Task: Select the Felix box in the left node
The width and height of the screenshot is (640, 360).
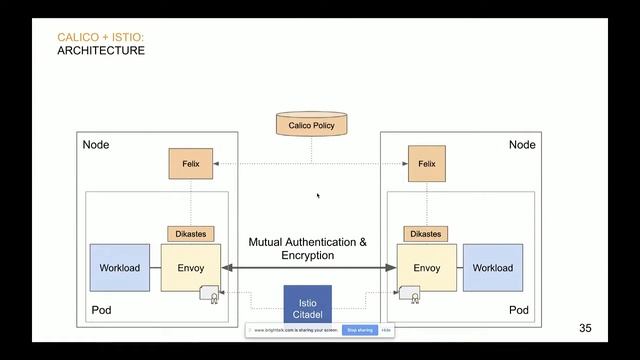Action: click(x=191, y=163)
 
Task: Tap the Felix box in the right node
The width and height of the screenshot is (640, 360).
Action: click(x=427, y=163)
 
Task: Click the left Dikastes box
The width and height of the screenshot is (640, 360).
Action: click(x=190, y=234)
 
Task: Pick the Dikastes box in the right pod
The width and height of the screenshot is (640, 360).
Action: click(x=426, y=234)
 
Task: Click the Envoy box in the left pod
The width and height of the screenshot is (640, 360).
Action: click(x=190, y=268)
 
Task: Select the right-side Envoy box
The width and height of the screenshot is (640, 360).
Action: click(x=426, y=268)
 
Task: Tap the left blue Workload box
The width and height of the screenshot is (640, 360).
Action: click(x=119, y=268)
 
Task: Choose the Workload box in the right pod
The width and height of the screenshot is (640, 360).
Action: click(x=492, y=268)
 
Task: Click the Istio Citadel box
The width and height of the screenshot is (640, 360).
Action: click(x=308, y=307)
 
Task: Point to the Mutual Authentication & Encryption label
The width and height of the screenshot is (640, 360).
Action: click(x=308, y=249)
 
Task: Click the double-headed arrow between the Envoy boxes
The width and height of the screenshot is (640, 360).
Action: click(x=308, y=268)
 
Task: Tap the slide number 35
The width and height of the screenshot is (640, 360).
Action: click(x=586, y=328)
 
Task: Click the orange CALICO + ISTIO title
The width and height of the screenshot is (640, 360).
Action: click(x=100, y=38)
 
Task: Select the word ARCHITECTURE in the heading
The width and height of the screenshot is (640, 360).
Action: click(x=101, y=50)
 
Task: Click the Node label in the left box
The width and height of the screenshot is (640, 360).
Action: click(x=96, y=145)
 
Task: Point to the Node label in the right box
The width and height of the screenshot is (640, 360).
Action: click(x=522, y=145)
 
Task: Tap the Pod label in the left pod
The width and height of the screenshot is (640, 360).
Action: click(x=101, y=310)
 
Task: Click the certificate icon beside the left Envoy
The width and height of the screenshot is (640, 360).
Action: click(x=211, y=295)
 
